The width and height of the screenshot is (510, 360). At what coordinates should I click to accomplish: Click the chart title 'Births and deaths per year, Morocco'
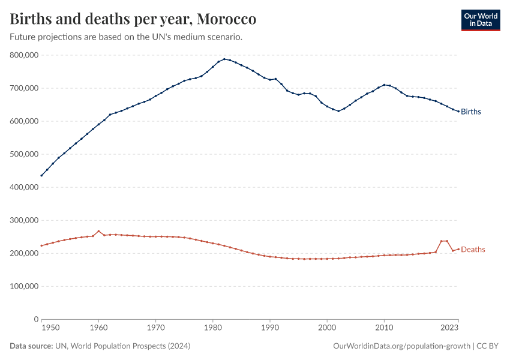[133, 19]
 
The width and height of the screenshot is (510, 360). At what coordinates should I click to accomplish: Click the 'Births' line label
[471, 112]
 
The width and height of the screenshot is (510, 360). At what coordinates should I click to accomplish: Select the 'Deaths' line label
[473, 250]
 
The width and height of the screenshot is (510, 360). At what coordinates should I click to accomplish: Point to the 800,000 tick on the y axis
[24, 55]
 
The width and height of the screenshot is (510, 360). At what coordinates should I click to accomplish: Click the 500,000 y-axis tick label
[24, 154]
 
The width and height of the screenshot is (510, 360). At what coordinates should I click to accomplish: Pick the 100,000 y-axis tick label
[24, 286]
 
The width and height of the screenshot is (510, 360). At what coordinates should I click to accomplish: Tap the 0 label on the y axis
[35, 319]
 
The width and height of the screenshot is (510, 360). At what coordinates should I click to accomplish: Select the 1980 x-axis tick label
[213, 328]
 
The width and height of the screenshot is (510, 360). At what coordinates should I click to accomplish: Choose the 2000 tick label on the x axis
[327, 328]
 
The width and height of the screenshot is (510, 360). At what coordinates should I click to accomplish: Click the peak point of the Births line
[224, 59]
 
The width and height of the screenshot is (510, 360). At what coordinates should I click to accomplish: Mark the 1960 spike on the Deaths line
[98, 232]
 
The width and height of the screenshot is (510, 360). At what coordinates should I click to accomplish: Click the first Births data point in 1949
[41, 175]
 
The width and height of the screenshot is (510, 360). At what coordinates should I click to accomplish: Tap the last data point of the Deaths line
[458, 249]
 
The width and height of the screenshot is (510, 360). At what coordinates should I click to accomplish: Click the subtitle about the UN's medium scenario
[126, 37]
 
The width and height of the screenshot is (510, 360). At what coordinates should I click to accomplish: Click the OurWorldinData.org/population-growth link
[401, 346]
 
